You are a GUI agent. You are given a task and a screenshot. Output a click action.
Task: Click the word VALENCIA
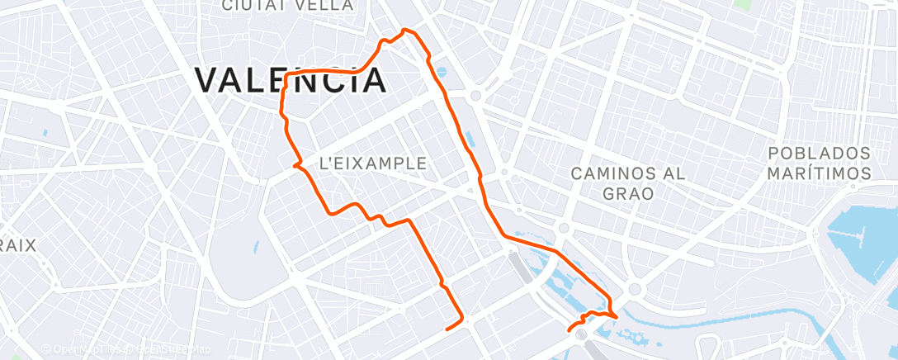(291, 80)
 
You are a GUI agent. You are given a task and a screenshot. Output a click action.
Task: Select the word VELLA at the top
(325, 6)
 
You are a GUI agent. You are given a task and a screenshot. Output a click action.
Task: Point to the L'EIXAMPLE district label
(372, 163)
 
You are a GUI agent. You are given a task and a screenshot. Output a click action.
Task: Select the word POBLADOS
(820, 154)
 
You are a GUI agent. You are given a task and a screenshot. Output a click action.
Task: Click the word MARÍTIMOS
(820, 173)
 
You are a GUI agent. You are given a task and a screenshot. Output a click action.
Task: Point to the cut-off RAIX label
(17, 245)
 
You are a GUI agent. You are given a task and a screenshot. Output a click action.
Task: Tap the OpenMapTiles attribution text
(83, 349)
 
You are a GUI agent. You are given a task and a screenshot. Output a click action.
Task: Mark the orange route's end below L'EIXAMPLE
(447, 329)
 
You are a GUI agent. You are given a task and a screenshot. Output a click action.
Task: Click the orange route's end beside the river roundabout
(569, 331)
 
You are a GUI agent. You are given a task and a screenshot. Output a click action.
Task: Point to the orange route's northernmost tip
(404, 31)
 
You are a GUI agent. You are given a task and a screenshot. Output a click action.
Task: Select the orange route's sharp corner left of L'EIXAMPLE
(295, 165)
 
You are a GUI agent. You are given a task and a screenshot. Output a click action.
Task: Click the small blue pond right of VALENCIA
(439, 72)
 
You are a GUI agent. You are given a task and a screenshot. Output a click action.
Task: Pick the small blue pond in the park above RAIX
(44, 132)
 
